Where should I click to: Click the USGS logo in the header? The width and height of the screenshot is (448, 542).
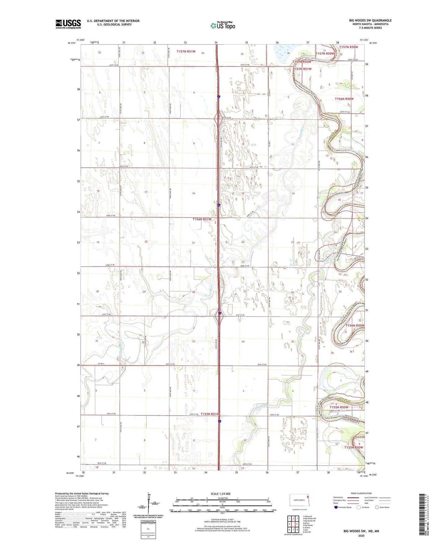(68, 24)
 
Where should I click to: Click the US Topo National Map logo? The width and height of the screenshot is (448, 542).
(223, 25)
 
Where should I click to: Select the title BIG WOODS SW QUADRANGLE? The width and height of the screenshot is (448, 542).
(370, 20)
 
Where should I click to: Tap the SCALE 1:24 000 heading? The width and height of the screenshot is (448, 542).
(220, 494)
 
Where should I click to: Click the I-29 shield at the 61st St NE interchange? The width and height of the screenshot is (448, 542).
(220, 313)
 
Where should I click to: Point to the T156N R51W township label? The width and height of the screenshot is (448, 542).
(202, 219)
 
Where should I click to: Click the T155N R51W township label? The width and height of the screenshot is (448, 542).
(210, 414)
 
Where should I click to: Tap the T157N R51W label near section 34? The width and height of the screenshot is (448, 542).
(186, 52)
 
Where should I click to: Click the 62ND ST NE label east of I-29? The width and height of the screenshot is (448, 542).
(245, 266)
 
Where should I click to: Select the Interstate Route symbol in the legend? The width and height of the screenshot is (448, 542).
(336, 507)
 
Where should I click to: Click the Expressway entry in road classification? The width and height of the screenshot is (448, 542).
(338, 497)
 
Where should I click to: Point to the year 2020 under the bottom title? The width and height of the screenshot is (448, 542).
(361, 535)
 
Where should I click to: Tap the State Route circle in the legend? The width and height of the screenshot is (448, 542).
(377, 507)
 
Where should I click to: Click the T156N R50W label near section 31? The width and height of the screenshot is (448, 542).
(355, 325)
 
